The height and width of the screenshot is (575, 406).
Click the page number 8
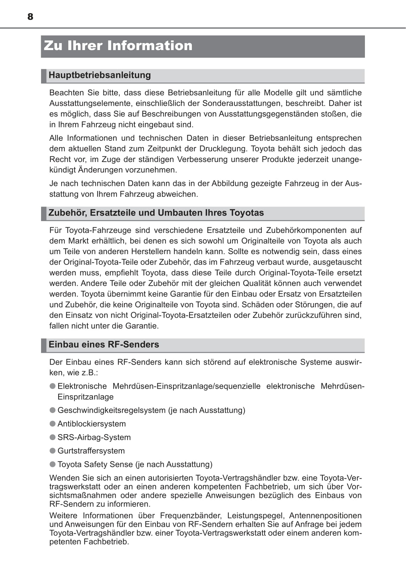(30, 17)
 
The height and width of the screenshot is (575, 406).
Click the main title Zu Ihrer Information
(118, 46)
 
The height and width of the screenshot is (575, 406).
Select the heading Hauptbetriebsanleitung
(100, 75)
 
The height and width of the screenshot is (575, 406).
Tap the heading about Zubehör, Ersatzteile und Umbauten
(156, 213)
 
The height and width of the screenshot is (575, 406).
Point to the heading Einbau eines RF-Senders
(104, 345)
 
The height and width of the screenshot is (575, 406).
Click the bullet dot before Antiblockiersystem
(53, 424)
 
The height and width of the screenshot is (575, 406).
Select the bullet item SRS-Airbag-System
(94, 437)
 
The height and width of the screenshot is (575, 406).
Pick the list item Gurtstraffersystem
(91, 451)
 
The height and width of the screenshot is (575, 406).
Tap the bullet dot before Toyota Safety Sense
(53, 464)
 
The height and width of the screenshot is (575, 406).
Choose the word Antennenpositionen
(325, 516)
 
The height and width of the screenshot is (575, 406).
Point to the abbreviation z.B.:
(89, 373)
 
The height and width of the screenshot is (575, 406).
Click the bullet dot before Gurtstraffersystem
(53, 451)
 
